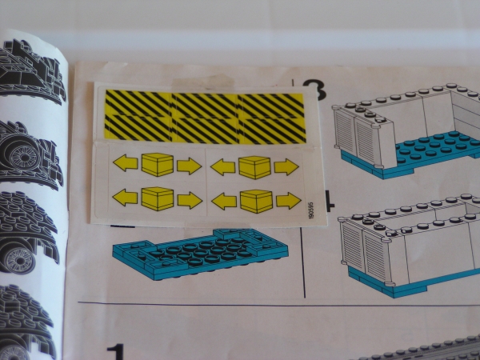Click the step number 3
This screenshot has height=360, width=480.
(314, 89)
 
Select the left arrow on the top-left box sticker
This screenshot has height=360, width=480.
(126, 164)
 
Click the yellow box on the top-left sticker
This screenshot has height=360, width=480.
(158, 165)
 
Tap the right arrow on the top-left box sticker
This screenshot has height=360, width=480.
(189, 166)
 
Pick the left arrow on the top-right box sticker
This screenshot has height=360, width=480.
(223, 166)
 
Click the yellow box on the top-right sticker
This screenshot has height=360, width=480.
(255, 166)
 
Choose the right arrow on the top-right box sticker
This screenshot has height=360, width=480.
(286, 167)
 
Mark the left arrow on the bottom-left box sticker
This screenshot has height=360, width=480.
(125, 197)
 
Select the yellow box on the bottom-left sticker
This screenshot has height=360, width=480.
(158, 198)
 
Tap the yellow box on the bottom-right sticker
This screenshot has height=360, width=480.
(256, 201)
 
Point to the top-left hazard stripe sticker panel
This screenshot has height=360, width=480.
(136, 103)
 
